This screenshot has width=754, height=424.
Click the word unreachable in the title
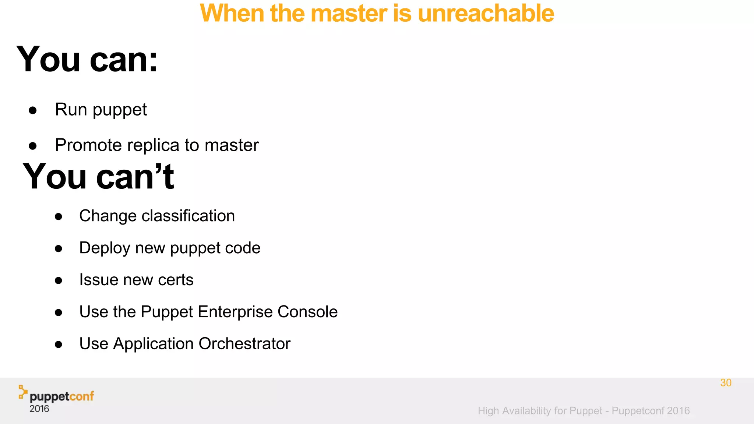(486, 14)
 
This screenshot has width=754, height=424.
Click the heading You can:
(87, 59)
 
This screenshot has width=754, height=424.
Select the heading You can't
(98, 177)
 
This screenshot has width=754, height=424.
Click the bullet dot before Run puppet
(33, 110)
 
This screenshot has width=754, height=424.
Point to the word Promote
(88, 145)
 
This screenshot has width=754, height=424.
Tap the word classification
(188, 216)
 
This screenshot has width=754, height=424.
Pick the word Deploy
(105, 248)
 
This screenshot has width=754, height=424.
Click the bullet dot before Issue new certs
(59, 281)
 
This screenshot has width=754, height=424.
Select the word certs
(176, 280)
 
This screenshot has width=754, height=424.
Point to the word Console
(307, 312)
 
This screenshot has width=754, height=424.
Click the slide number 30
(726, 383)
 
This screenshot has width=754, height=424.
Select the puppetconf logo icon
(23, 392)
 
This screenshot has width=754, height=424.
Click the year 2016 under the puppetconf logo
(39, 409)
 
